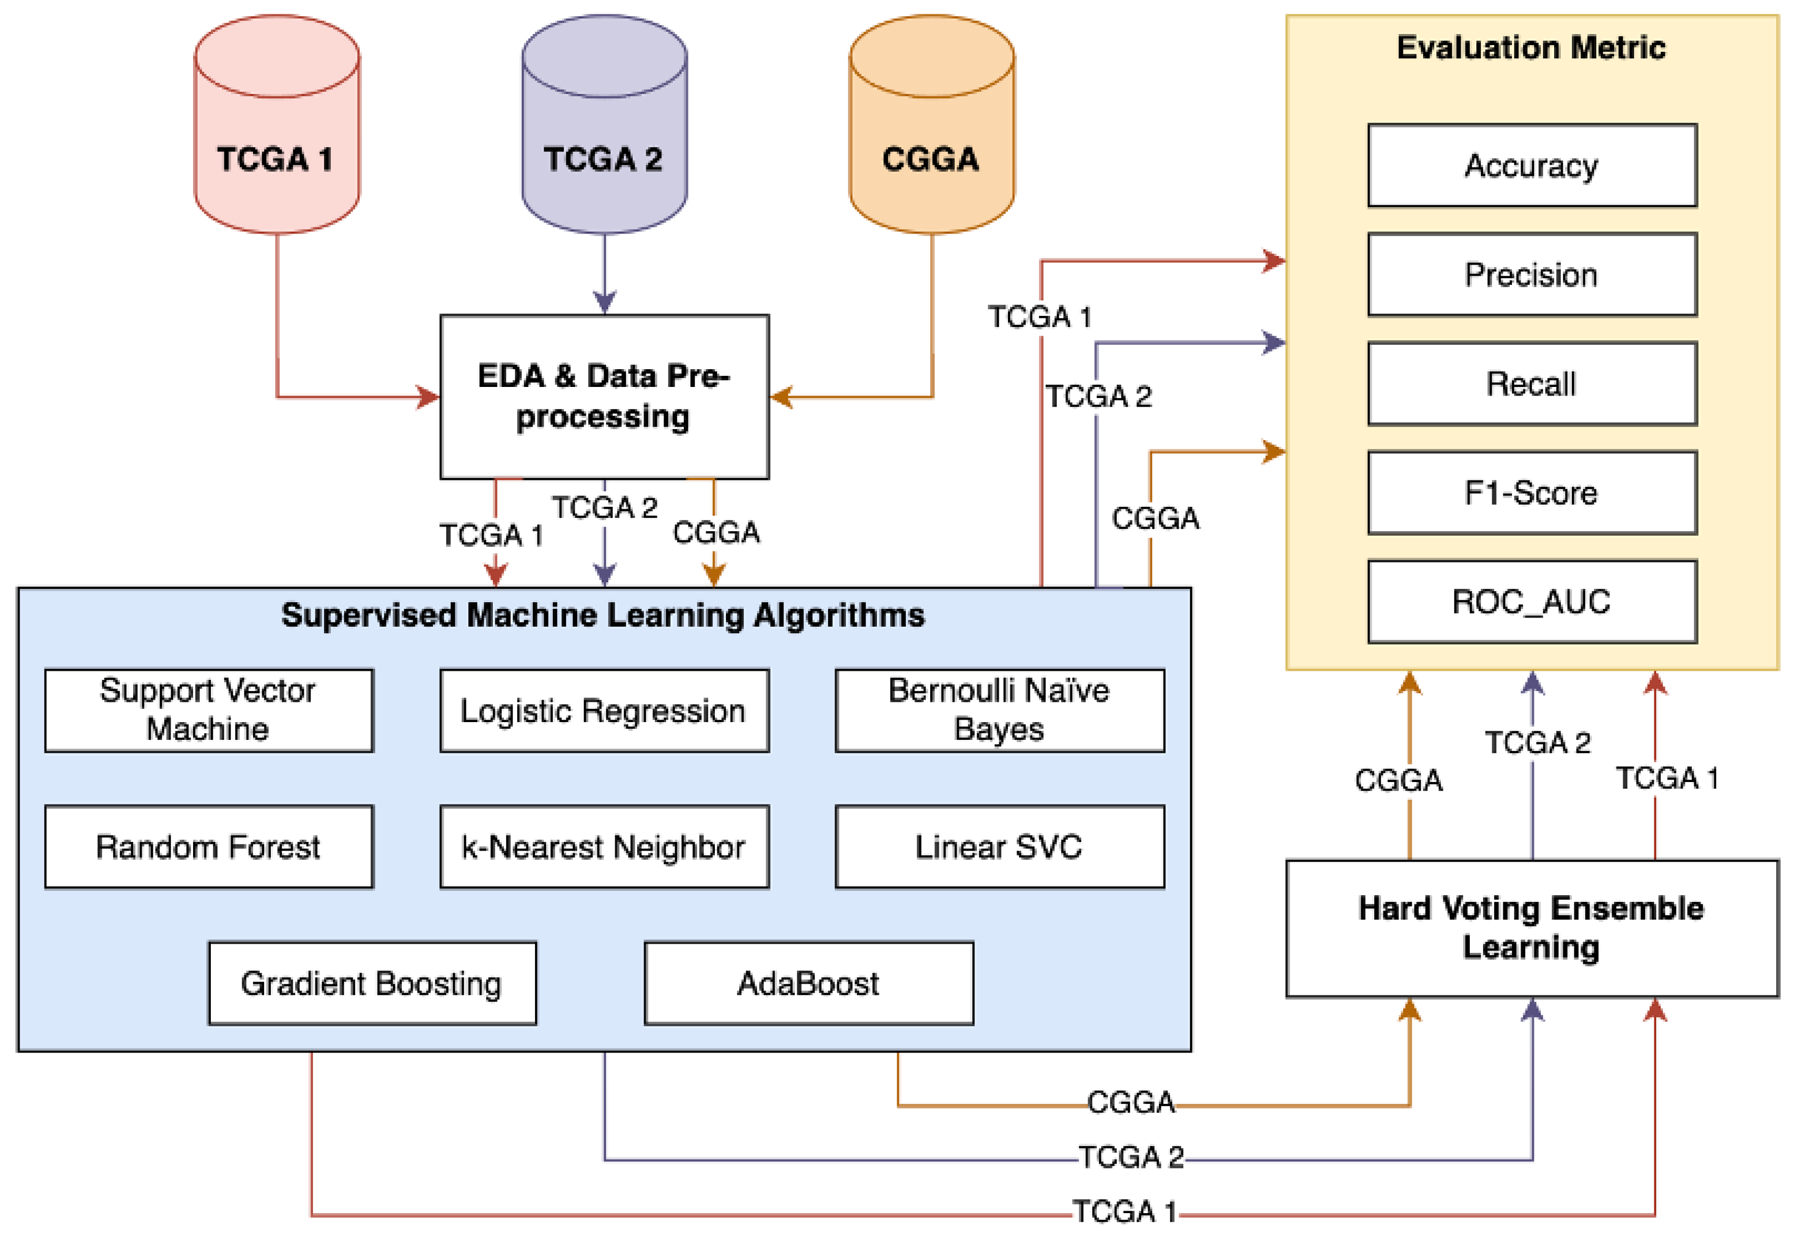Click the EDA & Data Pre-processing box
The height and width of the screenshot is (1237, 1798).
(x=604, y=396)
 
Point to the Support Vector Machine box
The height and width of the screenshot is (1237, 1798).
(x=209, y=710)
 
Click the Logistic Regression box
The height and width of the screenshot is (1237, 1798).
(x=604, y=710)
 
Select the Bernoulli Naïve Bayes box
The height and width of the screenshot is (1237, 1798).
(x=999, y=710)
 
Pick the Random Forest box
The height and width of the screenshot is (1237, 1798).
(x=209, y=847)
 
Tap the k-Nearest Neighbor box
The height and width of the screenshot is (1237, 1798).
(x=604, y=847)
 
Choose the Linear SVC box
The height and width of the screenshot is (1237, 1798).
(x=999, y=847)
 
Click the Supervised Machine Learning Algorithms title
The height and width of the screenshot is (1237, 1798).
(x=603, y=614)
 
